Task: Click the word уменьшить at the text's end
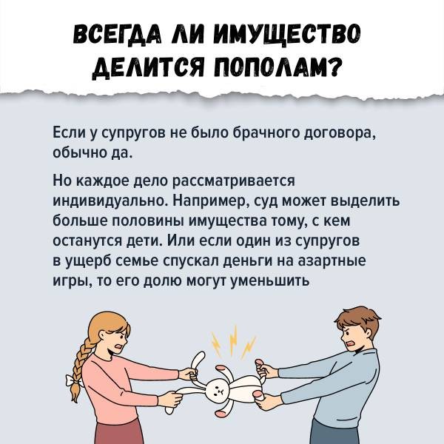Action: pyautogui.click(x=270, y=281)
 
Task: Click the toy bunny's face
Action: pyautogui.click(x=216, y=390)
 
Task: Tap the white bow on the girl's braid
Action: pyautogui.click(x=73, y=381)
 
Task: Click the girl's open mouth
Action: pyautogui.click(x=118, y=347)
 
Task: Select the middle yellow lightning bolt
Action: pyautogui.click(x=233, y=340)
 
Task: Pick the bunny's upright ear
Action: pyautogui.click(x=198, y=365)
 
